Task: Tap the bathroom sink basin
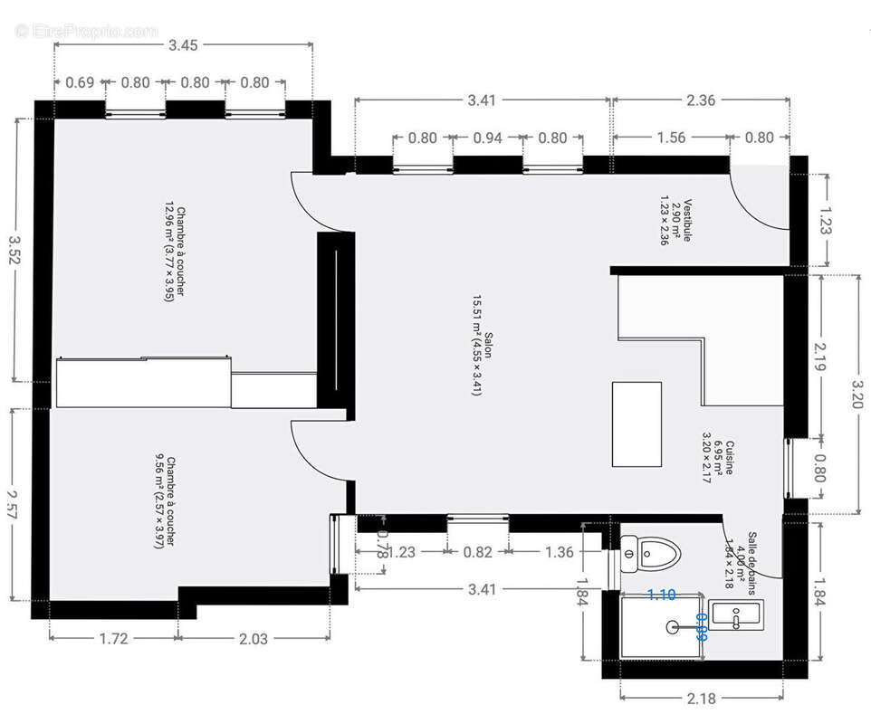(734, 615)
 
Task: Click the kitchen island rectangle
(636, 424)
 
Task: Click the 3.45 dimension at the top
(182, 44)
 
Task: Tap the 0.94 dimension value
(487, 138)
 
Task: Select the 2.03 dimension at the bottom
(253, 638)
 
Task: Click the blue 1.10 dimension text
(662, 595)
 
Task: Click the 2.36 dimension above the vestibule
(701, 100)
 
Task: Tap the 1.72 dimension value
(113, 638)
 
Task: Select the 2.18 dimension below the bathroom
(701, 698)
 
